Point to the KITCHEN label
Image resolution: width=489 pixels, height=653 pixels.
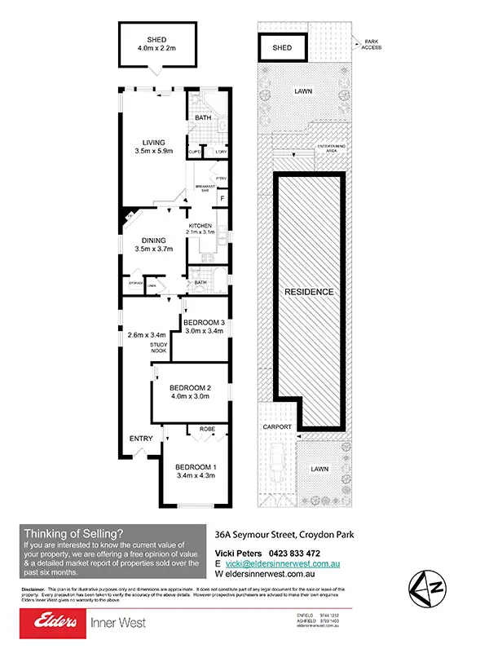pos(200,226)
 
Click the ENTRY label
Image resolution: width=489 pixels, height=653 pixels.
pos(141,439)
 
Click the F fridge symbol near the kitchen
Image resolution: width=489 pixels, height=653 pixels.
pos(221,198)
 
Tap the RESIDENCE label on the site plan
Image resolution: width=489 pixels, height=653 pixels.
pos(309,291)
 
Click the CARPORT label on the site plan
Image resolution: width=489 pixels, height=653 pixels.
pos(277,426)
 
